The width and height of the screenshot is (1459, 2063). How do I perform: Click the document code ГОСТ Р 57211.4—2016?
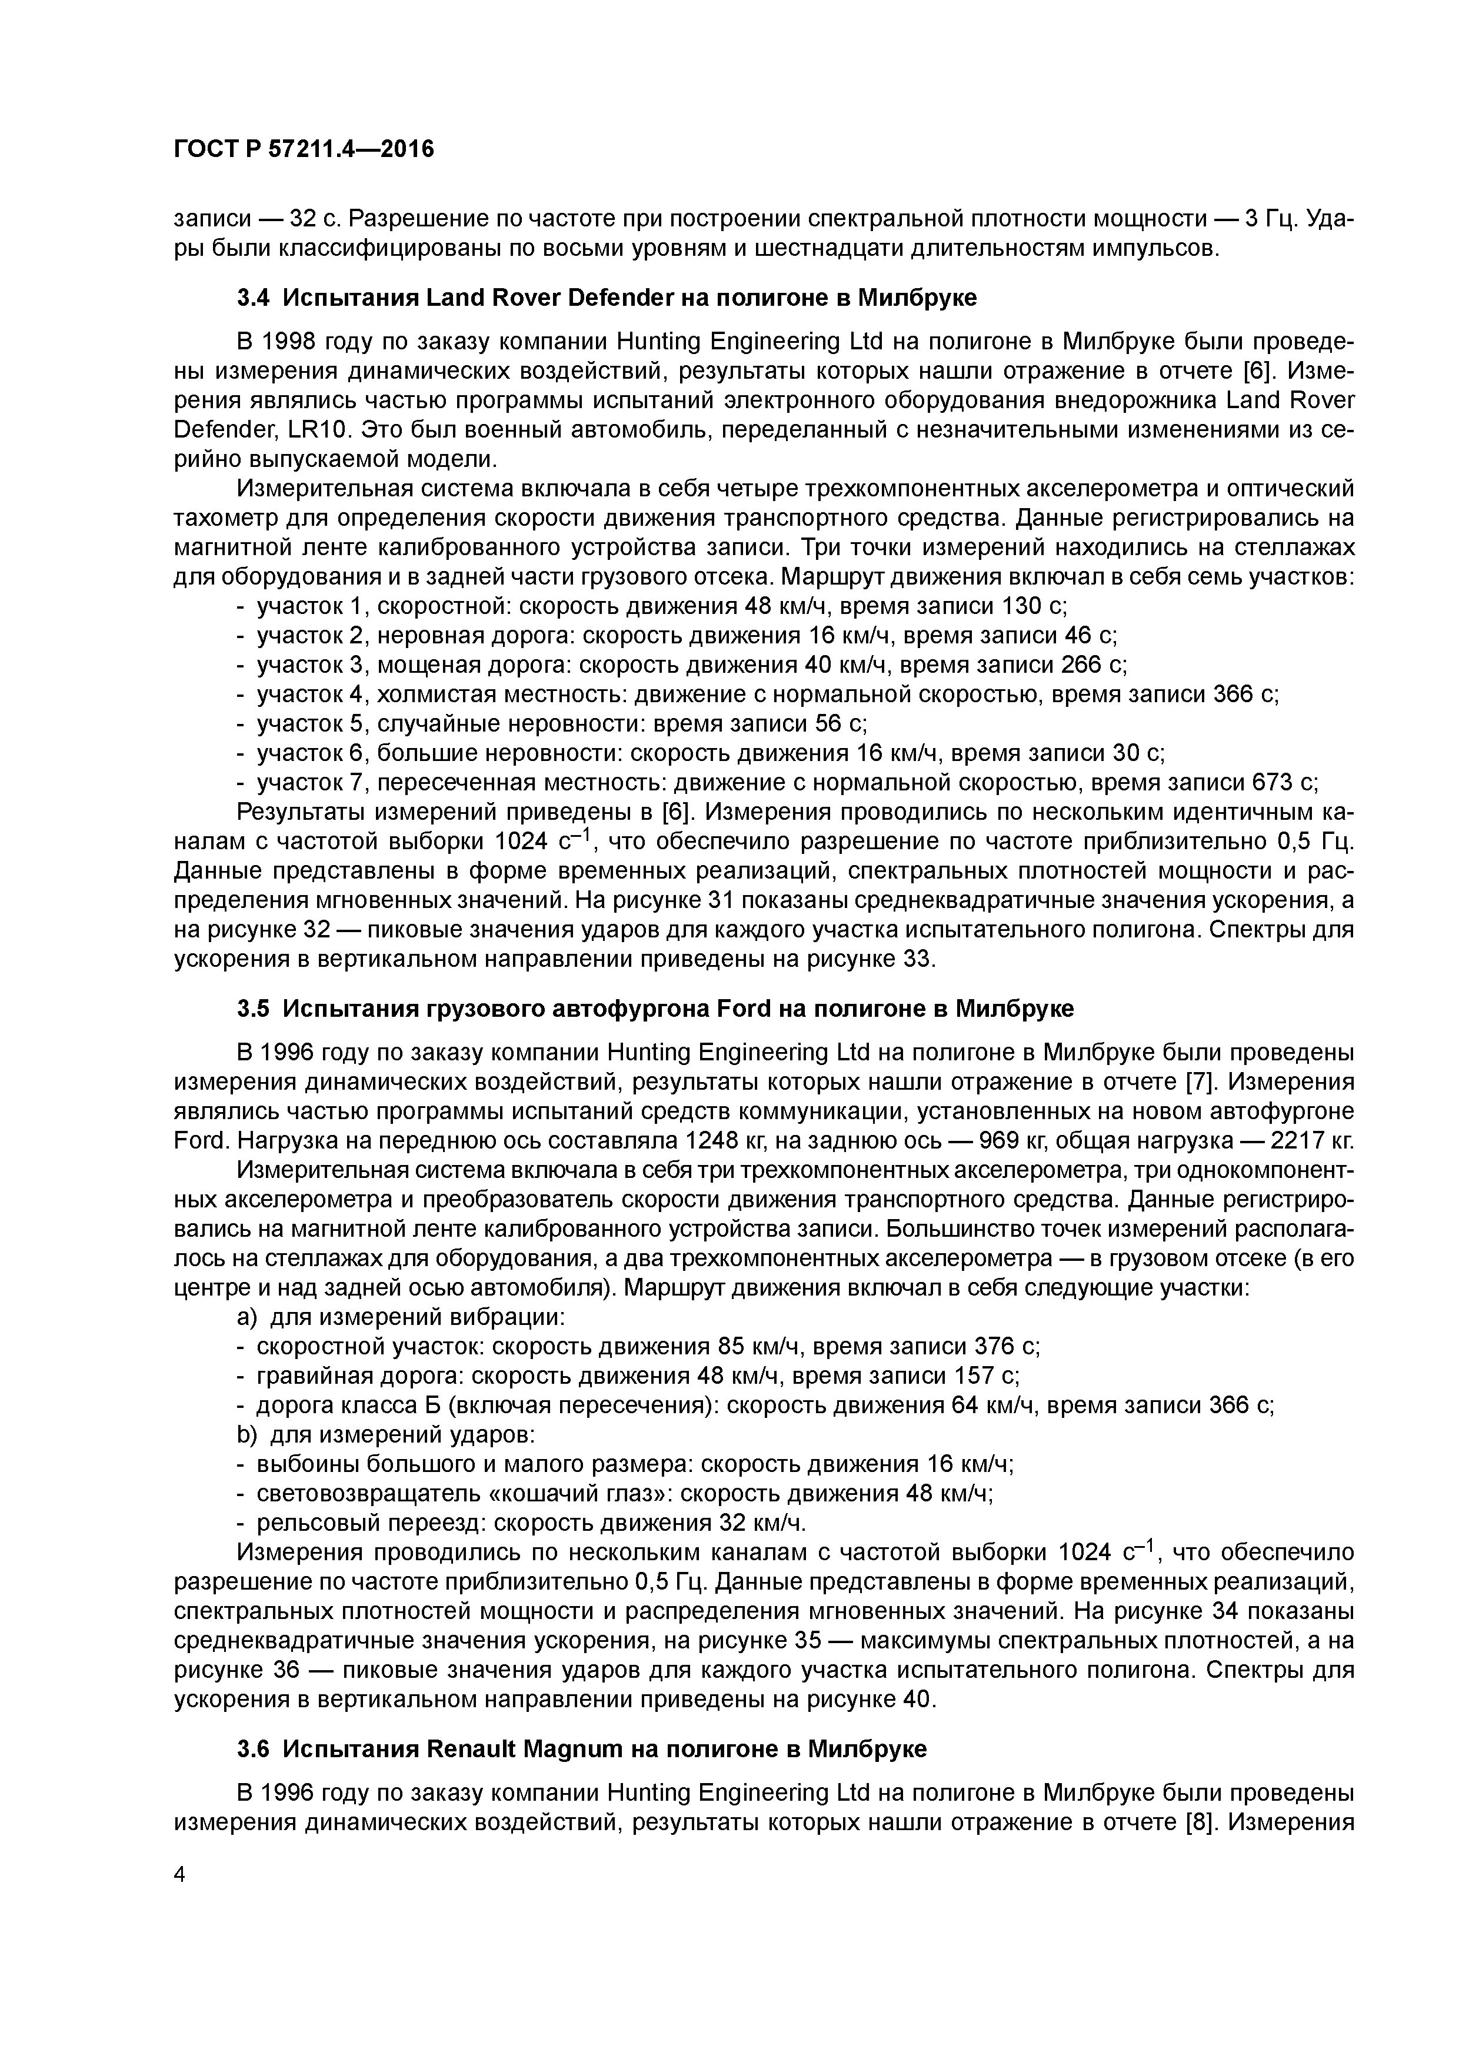click(303, 149)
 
